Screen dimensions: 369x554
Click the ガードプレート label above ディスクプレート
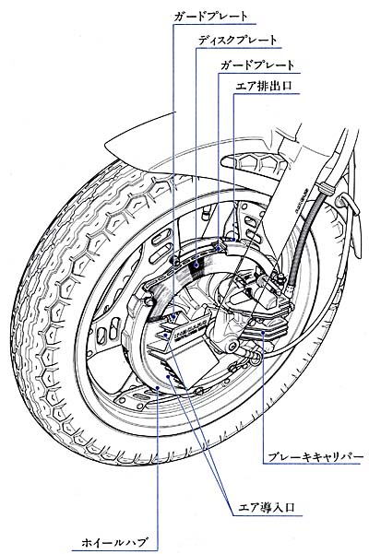point(210,17)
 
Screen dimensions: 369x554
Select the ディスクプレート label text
point(237,40)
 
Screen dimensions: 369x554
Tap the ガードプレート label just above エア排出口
point(257,65)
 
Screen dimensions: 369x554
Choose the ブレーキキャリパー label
point(315,456)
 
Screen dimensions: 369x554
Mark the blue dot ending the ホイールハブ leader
point(158,388)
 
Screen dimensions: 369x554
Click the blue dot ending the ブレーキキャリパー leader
point(262,333)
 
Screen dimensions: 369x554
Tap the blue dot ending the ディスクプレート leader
point(196,264)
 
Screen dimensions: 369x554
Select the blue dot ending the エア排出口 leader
point(233,239)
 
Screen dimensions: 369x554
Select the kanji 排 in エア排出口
point(263,86)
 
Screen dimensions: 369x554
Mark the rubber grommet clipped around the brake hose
point(325,188)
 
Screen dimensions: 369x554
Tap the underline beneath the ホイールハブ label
point(114,550)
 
